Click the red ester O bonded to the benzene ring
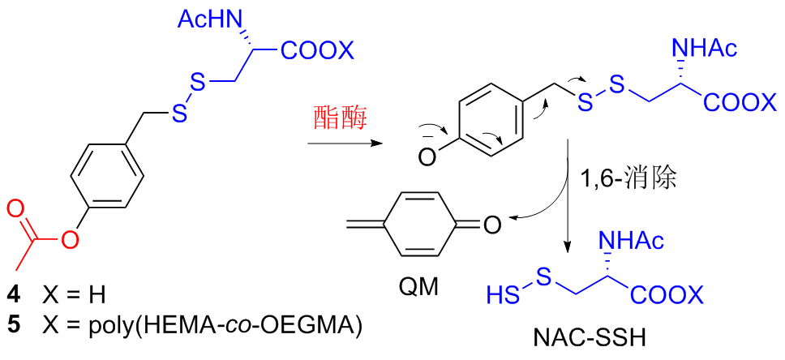pos(71,240)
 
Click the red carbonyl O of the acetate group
pos(17,209)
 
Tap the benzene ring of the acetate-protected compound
pos(108,174)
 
